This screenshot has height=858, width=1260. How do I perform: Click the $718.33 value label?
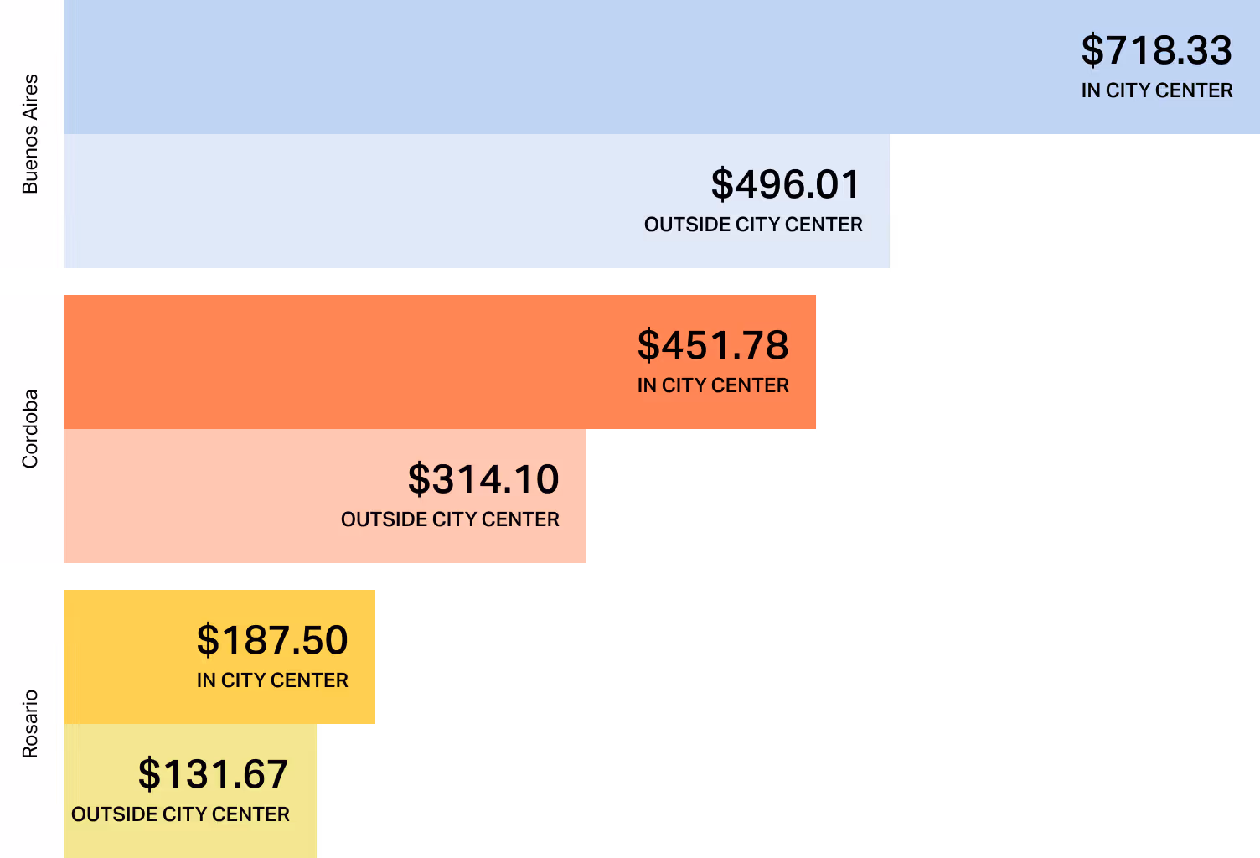tap(1156, 50)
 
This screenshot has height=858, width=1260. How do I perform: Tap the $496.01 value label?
tap(786, 184)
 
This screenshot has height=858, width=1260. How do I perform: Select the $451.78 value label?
tap(713, 345)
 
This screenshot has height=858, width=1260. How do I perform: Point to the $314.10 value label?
tap(483, 479)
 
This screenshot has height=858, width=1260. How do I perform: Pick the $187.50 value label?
tap(272, 640)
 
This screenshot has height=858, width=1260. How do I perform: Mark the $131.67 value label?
tap(213, 774)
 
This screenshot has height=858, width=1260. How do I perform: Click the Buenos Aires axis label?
tap(30, 134)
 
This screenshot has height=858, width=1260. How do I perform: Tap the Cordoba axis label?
tap(30, 429)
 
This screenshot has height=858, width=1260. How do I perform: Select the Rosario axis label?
tap(30, 724)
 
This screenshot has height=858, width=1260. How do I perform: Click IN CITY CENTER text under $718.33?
tap(1156, 90)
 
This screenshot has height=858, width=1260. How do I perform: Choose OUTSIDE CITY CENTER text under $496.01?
tap(753, 225)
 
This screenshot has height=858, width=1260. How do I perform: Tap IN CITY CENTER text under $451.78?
tap(713, 385)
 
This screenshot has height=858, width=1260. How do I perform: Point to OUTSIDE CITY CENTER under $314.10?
tap(450, 519)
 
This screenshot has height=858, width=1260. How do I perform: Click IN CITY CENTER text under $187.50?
tap(272, 680)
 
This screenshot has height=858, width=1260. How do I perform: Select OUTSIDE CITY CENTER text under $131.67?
tap(180, 814)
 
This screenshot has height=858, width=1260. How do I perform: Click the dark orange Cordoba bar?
tap(335, 362)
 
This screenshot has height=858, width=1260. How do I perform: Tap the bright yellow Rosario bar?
tap(126, 657)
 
